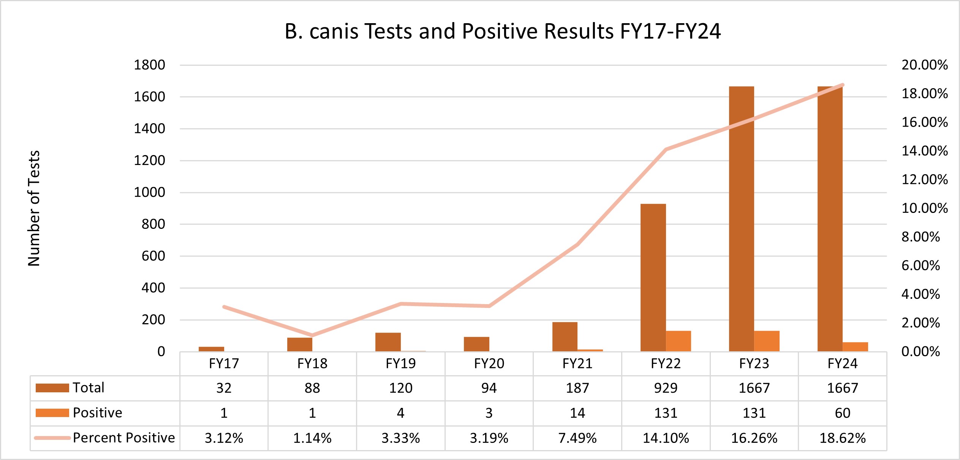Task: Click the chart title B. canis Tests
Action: click(x=502, y=31)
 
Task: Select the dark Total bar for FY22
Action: click(x=653, y=278)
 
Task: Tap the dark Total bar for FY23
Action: click(x=741, y=219)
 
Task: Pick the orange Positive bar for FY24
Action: click(x=855, y=347)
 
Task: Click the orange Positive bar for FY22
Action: click(x=678, y=341)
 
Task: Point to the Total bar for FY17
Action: click(x=211, y=349)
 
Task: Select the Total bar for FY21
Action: click(x=565, y=336)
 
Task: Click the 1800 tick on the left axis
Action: click(x=149, y=65)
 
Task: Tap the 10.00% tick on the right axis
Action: click(x=924, y=208)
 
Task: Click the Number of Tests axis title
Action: click(x=34, y=208)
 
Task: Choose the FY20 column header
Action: click(x=489, y=364)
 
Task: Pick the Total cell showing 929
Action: click(x=666, y=388)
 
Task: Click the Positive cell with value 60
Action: click(x=842, y=413)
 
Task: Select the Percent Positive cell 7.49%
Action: click(x=577, y=438)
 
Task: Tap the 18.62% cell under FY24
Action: click(x=842, y=438)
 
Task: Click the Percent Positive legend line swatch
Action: click(x=52, y=438)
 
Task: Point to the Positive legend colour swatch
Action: click(x=52, y=413)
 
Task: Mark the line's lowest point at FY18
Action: click(x=312, y=335)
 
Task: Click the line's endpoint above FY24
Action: click(x=843, y=85)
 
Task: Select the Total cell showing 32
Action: click(x=224, y=388)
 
